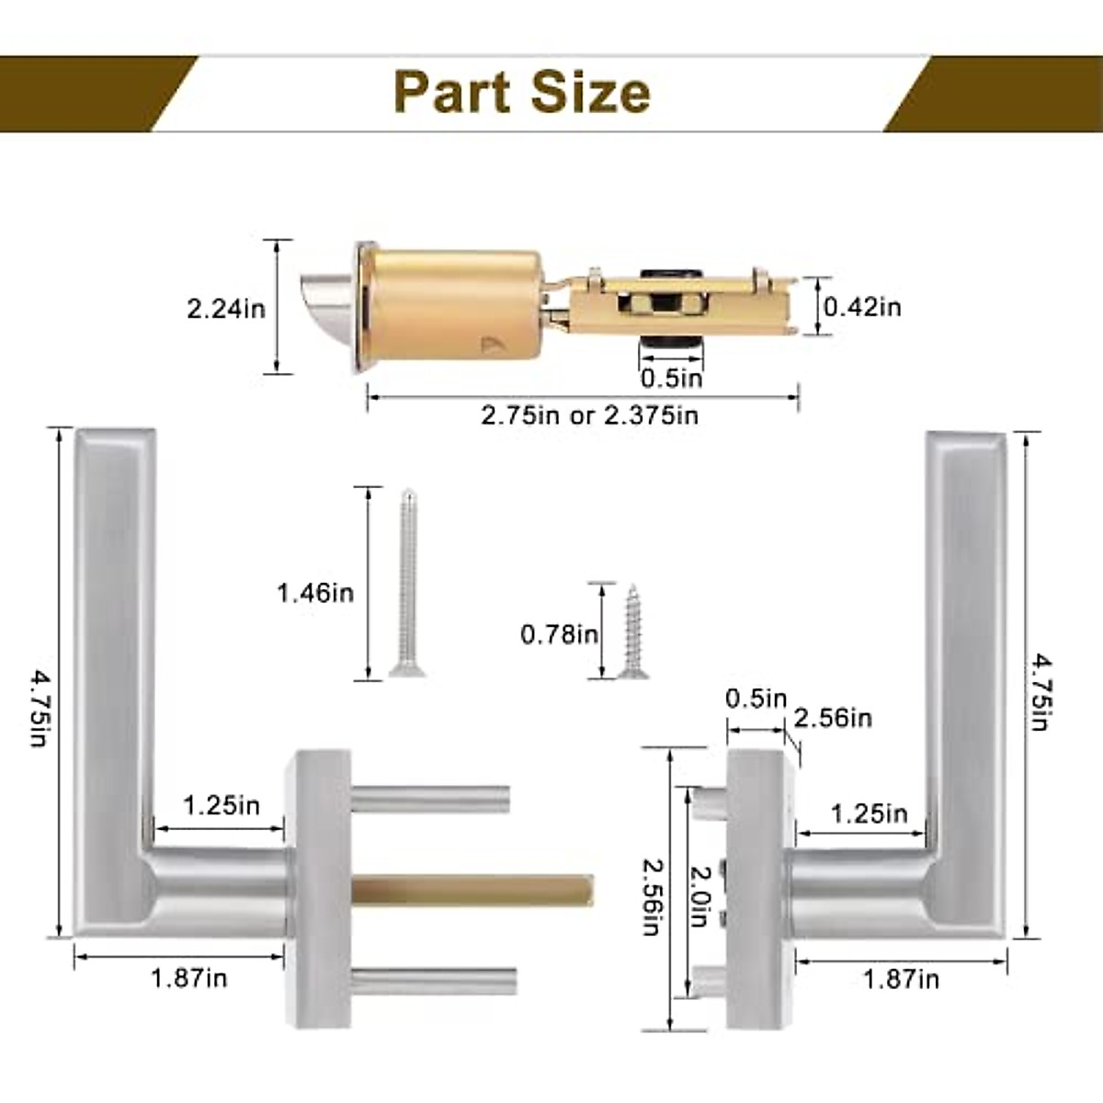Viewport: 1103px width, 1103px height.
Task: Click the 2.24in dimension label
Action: [226, 308]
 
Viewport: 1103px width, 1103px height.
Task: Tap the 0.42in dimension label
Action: [862, 307]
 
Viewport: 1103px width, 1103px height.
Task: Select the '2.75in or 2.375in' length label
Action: [589, 415]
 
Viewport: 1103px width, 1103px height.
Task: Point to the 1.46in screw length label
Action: [315, 593]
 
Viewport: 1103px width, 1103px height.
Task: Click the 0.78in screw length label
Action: [559, 634]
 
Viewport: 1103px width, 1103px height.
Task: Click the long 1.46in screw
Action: [407, 585]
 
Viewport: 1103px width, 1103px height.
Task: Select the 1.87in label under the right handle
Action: [901, 980]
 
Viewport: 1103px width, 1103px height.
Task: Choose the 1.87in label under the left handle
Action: [188, 978]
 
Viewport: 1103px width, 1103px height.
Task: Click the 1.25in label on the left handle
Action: [221, 806]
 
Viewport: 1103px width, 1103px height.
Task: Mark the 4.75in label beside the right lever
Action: [1040, 691]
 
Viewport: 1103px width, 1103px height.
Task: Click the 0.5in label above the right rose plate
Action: [756, 699]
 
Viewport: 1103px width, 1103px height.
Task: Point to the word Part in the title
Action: [451, 93]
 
